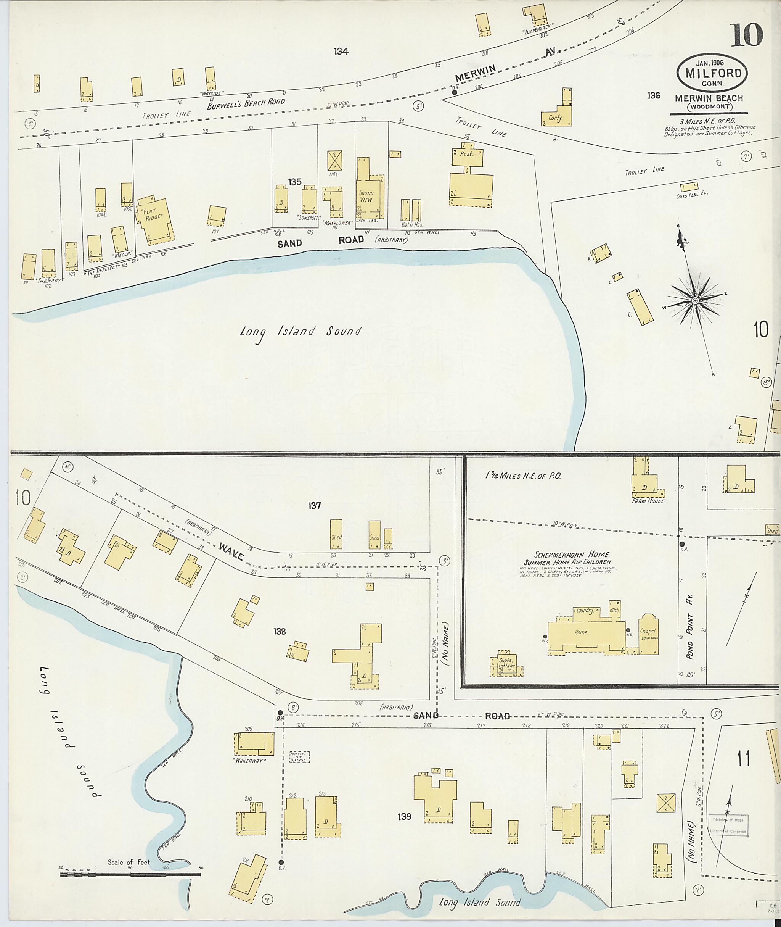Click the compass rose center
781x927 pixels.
pos(696,301)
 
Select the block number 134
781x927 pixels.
pos(341,52)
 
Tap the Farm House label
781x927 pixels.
pos(649,501)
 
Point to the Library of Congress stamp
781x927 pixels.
pos(728,825)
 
